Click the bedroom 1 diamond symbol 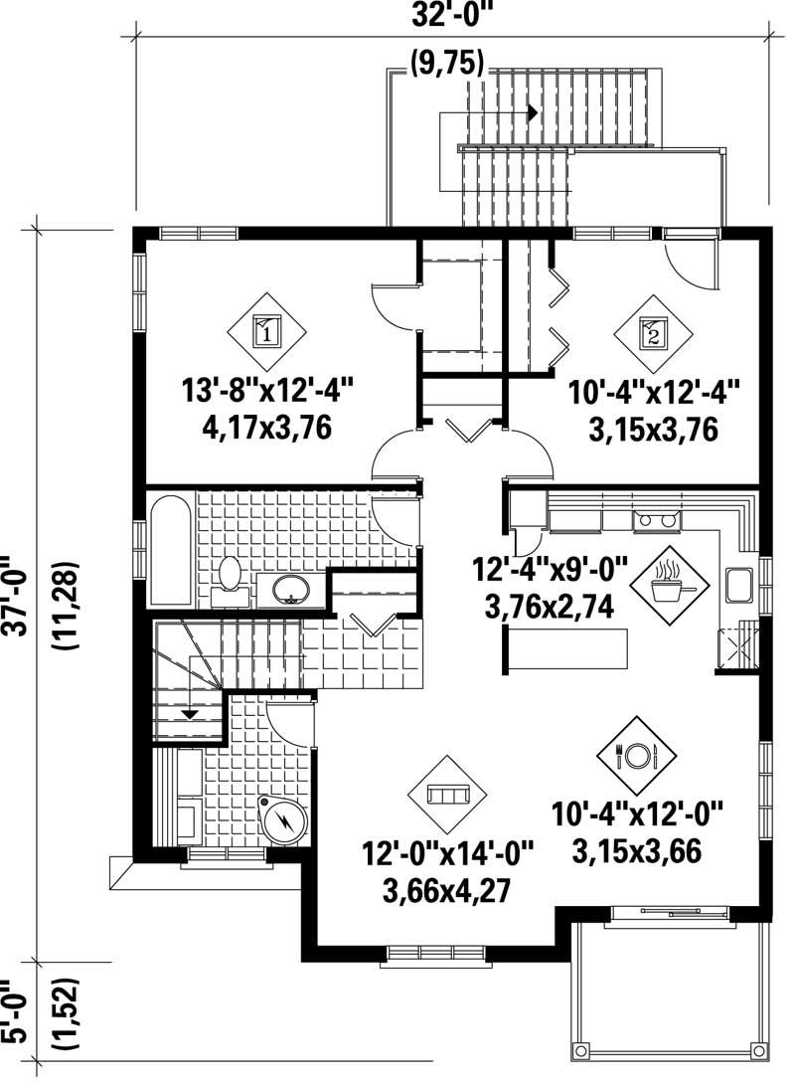266,330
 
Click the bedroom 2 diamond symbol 652,331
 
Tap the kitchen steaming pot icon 667,582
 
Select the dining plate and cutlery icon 636,755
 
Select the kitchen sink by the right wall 739,585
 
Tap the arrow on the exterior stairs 534,112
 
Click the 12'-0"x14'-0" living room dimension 447,855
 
